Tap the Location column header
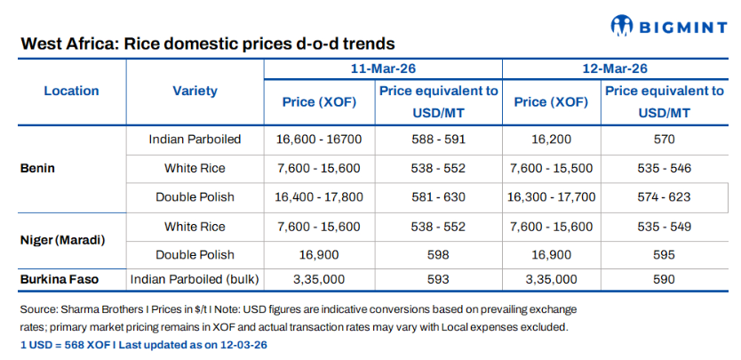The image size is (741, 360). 71,91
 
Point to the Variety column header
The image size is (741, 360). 195,91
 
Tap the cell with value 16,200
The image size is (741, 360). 551,139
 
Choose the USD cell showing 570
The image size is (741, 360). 664,139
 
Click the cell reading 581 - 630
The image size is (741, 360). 436,196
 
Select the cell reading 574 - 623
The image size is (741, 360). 664,196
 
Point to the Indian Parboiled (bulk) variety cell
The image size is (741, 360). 195,280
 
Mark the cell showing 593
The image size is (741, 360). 436,280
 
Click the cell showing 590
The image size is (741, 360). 664,280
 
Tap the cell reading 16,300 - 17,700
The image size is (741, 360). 551,196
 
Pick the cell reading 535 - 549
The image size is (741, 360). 664,227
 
